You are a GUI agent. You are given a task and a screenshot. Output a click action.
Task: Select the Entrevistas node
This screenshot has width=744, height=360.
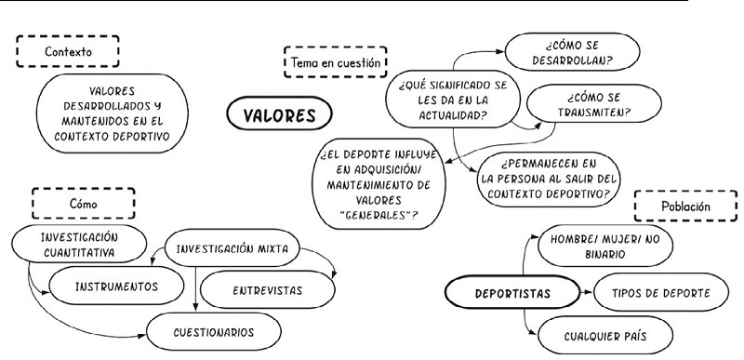(265, 289)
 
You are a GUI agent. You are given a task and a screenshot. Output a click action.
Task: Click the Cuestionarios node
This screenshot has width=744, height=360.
(214, 331)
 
